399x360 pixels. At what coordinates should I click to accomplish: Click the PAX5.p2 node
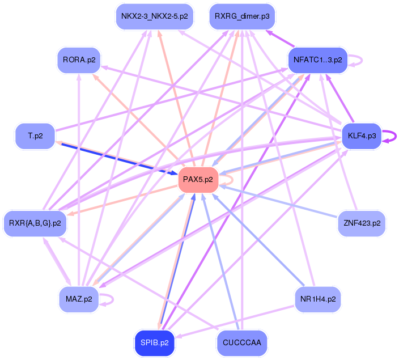[x=198, y=180]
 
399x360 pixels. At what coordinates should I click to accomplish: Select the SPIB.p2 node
[x=155, y=342]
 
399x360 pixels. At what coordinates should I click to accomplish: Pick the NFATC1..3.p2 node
[x=317, y=60]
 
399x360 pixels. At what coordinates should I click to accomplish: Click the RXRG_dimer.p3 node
[x=242, y=17]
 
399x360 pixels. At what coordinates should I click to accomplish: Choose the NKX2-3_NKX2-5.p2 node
[x=155, y=17]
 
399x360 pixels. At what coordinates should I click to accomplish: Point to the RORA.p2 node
[x=79, y=60]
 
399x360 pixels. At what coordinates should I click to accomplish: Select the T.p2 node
[x=35, y=136]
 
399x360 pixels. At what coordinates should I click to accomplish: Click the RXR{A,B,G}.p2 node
[x=35, y=223]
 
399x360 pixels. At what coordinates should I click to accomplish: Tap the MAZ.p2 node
[x=79, y=299]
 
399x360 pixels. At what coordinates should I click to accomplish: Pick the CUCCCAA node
[x=242, y=342]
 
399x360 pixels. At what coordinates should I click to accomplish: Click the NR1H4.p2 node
[x=317, y=299]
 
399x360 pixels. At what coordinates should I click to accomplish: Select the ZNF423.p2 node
[x=361, y=223]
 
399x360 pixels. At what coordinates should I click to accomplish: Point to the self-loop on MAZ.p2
[x=112, y=299]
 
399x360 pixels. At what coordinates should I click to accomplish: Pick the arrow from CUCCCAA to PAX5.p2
[x=221, y=266]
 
